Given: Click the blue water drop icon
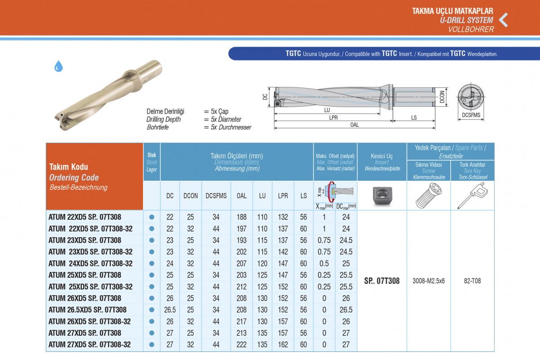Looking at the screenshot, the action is tap(58, 66).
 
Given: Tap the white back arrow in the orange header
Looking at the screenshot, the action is tap(504, 20).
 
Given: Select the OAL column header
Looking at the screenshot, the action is tap(242, 196).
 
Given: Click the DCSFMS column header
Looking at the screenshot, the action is tap(216, 196).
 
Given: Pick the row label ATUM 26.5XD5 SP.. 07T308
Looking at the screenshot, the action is tap(87, 310).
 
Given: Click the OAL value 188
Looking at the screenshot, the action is tap(242, 217).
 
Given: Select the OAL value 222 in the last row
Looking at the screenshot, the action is tap(242, 345).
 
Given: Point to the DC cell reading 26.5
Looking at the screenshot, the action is tap(170, 310).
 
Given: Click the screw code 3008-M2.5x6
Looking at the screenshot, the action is tap(428, 281).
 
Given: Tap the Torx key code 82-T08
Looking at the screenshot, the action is tap(472, 281).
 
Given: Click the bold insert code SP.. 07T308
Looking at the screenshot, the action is tap(382, 281).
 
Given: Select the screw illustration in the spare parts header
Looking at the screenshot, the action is tap(428, 196).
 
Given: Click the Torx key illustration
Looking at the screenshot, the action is tap(472, 196).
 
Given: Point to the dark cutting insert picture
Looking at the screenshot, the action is tap(382, 195).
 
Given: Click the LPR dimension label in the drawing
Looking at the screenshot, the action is tap(333, 117).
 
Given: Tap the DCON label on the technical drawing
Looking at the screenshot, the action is tap(442, 97).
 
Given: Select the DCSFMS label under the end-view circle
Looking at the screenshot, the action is tap(471, 115).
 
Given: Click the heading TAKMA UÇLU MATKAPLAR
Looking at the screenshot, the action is tap(453, 11).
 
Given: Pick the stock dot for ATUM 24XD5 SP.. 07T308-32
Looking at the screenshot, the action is tap(152, 264).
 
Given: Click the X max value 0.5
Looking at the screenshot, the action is tap(324, 264).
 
